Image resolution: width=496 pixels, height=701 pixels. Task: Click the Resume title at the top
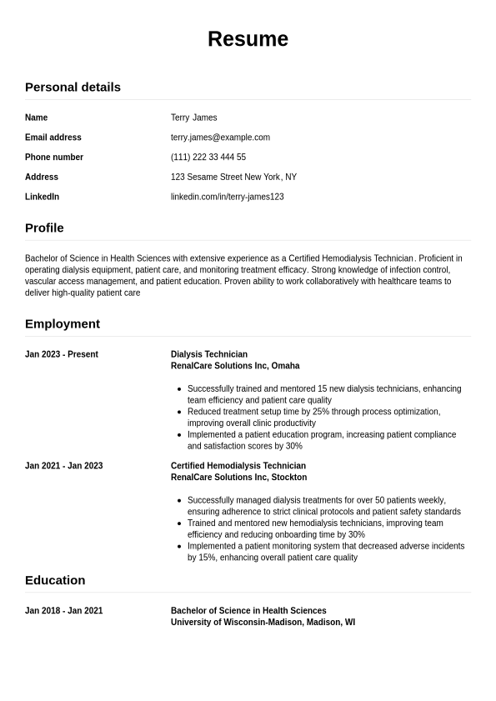(248, 39)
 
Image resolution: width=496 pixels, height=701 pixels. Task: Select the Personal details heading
(73, 87)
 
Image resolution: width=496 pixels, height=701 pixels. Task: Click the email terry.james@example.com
(220, 138)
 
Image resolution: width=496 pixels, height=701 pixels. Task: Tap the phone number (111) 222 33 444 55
(208, 158)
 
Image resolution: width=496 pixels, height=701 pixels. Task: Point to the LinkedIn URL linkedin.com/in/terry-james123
(227, 197)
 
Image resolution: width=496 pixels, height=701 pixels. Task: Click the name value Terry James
(193, 118)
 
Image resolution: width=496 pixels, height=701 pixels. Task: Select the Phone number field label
(54, 158)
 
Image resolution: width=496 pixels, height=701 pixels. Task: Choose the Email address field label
(53, 138)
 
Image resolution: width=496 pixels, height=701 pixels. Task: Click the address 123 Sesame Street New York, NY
(233, 177)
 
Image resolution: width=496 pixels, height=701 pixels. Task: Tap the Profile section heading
(44, 228)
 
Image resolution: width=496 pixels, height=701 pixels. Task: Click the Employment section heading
(63, 323)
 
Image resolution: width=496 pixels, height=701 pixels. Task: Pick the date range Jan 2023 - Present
(62, 354)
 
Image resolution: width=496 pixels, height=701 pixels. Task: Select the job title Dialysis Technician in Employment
(209, 354)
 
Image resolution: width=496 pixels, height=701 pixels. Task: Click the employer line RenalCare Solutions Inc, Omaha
(235, 366)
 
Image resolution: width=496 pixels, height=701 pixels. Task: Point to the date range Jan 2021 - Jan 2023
(64, 466)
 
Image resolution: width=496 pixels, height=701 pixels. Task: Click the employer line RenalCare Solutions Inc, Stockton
(238, 478)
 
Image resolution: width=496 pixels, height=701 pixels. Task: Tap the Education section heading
(55, 580)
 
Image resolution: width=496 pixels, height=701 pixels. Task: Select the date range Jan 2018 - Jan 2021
(64, 611)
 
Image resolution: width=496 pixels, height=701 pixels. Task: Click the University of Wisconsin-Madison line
(263, 623)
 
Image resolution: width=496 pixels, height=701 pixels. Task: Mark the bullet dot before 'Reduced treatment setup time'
(180, 412)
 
